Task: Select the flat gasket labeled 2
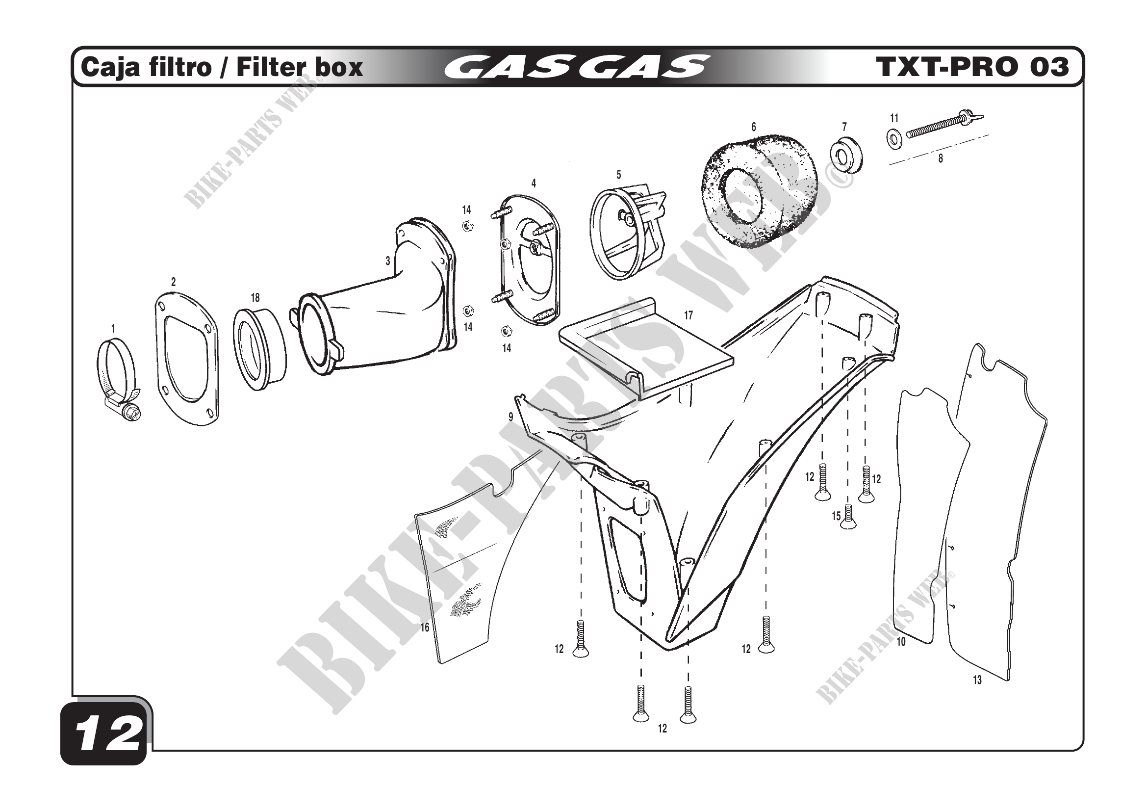tap(186, 359)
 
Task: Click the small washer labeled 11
tap(893, 138)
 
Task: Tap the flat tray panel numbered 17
tap(644, 350)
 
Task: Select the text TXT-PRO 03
tap(971, 67)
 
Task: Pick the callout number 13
tap(977, 680)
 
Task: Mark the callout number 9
tap(510, 417)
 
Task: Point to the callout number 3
tap(388, 261)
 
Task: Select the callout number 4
tap(534, 183)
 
